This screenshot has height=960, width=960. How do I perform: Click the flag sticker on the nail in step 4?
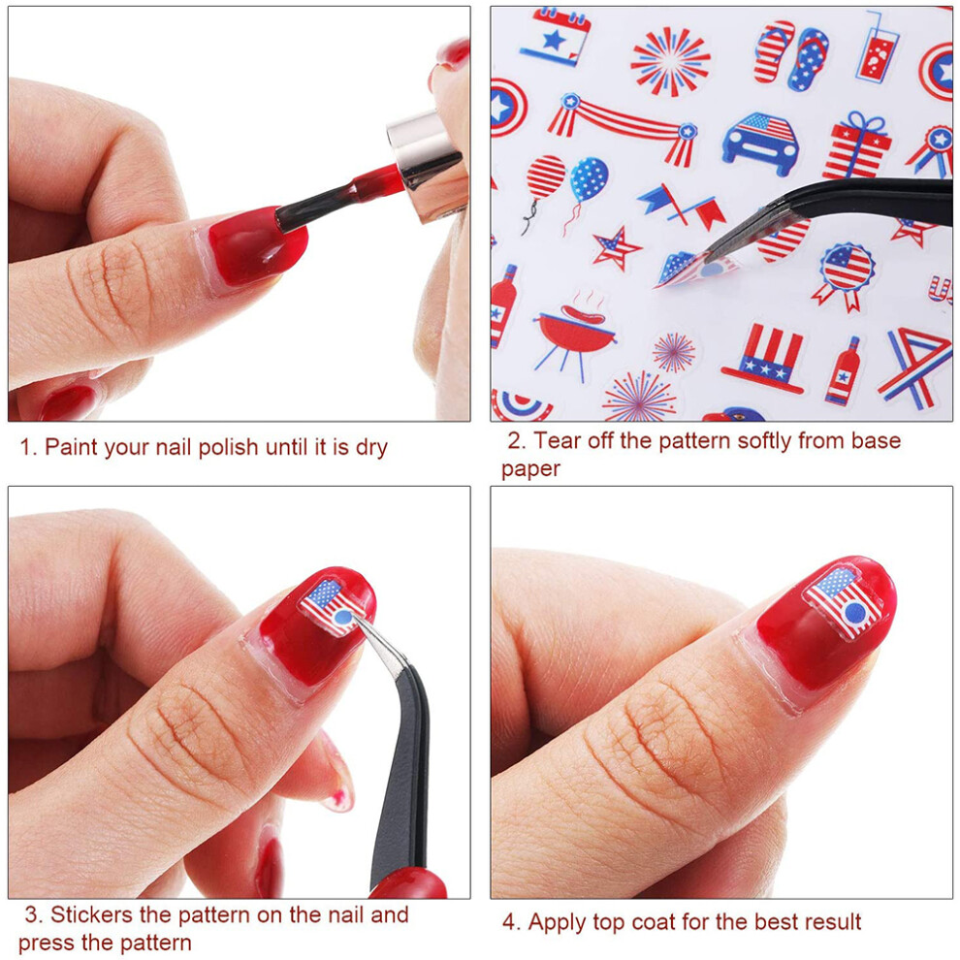(x=844, y=602)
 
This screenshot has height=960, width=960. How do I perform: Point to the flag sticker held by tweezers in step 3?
(x=330, y=606)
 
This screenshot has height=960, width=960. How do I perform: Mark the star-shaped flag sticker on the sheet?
(x=616, y=248)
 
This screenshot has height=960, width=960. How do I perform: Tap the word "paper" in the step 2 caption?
(x=530, y=470)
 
